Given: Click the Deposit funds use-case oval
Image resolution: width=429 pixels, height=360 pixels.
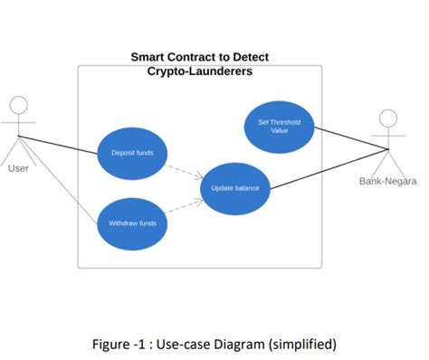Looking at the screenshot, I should (x=132, y=154).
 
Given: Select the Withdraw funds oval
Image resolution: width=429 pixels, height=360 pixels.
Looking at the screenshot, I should (x=133, y=223).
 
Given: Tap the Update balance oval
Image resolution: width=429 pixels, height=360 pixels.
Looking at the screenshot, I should (x=235, y=188).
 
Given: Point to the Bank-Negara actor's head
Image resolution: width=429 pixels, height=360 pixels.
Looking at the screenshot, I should (x=388, y=119).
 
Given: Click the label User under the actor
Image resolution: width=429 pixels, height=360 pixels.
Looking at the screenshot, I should (x=18, y=168).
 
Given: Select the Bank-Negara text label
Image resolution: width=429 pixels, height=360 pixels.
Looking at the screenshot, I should (x=388, y=182).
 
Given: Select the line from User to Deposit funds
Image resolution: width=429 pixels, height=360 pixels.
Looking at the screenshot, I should (x=59, y=145).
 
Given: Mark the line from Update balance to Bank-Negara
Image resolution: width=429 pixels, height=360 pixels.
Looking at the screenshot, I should (x=330, y=168).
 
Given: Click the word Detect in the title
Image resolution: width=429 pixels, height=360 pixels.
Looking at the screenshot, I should (x=248, y=56).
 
